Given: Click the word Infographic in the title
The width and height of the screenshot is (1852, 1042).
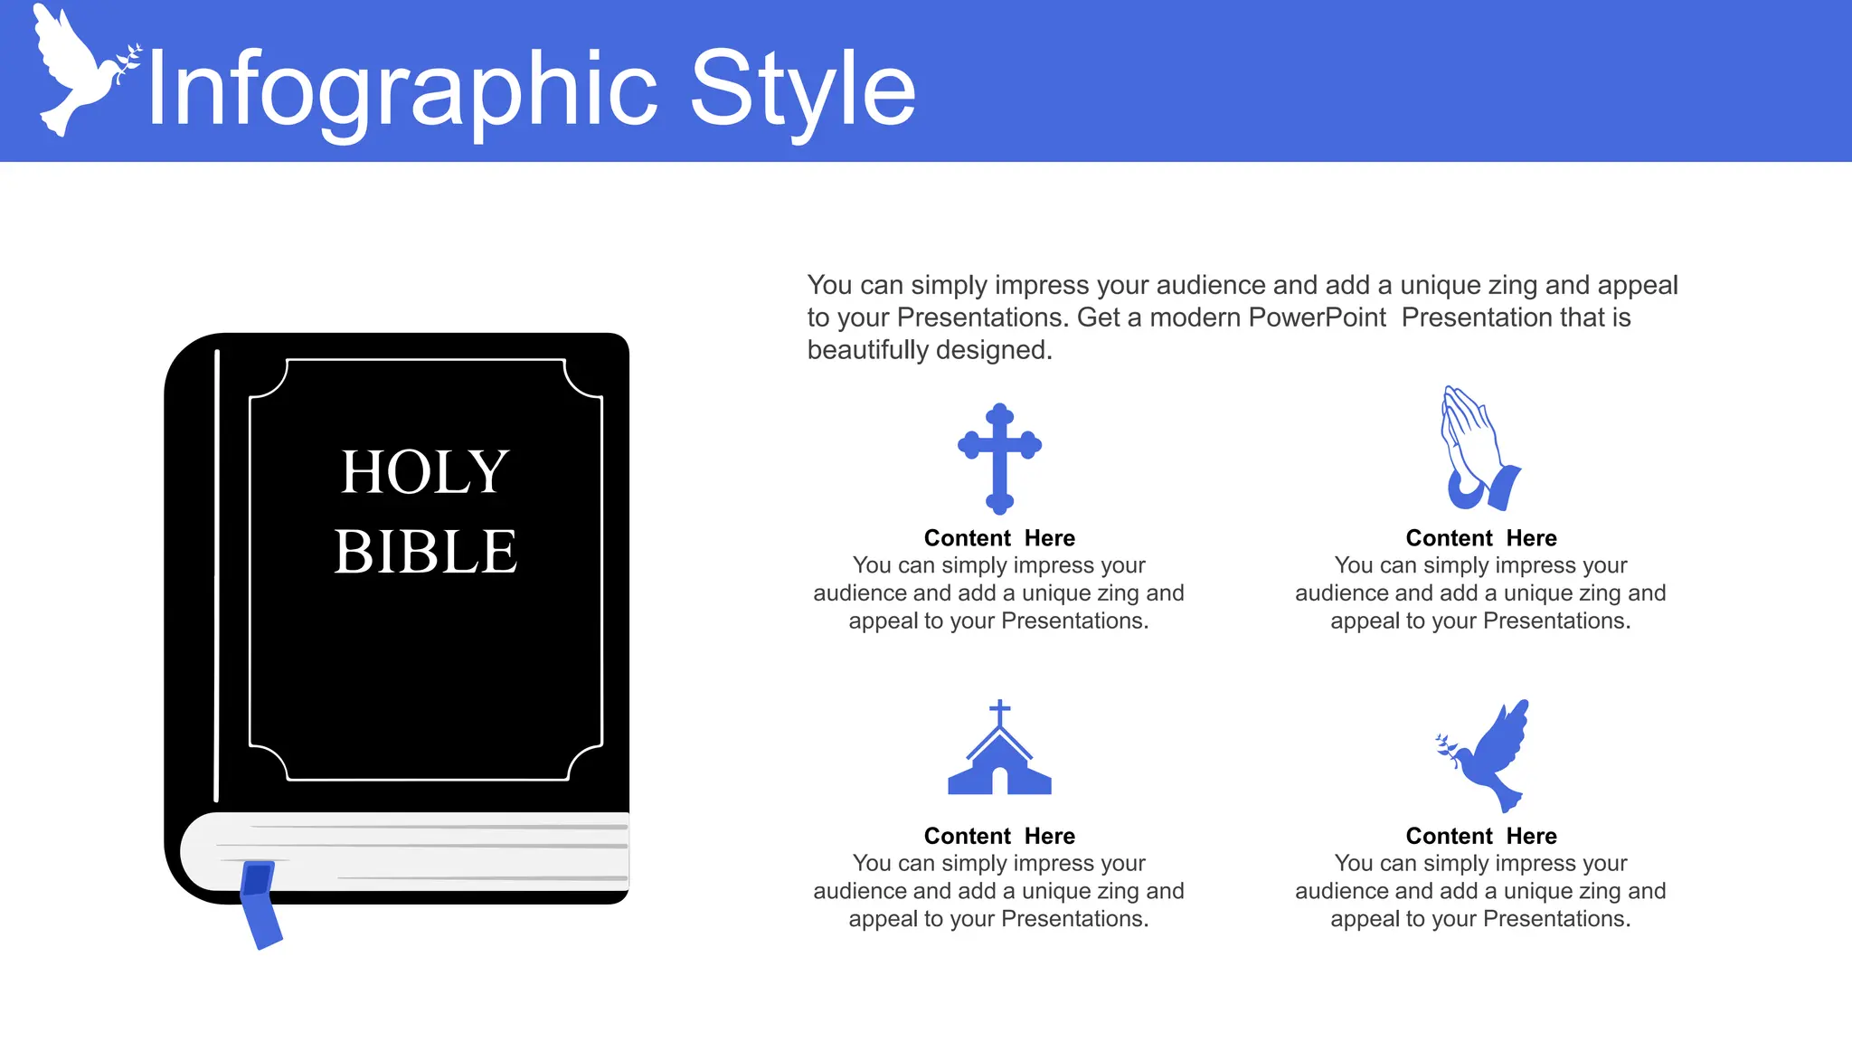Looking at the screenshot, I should (x=402, y=90).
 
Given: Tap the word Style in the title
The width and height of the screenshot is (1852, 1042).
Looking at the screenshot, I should (x=802, y=90).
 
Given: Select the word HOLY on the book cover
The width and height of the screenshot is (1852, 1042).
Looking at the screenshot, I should (x=425, y=472).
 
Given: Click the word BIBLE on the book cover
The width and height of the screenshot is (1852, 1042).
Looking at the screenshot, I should (x=425, y=552).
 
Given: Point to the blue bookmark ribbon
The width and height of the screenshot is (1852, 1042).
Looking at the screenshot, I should (x=260, y=905).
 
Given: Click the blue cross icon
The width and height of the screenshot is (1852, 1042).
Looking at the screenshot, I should (x=999, y=458).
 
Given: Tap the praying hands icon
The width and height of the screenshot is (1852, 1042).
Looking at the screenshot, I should (x=1478, y=450).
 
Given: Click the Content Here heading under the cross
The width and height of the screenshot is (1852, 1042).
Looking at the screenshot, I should (x=999, y=538).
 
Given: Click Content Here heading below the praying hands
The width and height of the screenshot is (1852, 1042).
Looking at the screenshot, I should (x=1481, y=538).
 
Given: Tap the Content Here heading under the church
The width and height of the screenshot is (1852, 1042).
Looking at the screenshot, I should (x=999, y=836).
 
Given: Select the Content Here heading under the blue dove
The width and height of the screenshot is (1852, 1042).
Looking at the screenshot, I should (x=1481, y=836).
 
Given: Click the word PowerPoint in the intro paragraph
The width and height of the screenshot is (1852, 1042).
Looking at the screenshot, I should (x=1317, y=317).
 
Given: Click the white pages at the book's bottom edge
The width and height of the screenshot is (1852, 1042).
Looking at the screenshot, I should (x=434, y=850).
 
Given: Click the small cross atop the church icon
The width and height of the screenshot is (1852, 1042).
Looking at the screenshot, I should (x=999, y=712).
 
